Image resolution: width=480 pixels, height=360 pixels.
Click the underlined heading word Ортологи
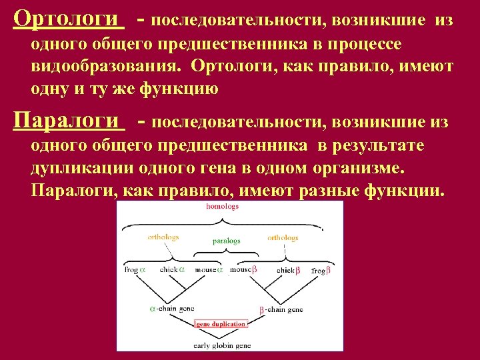click(x=69, y=19)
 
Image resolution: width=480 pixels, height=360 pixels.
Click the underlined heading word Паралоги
click(x=69, y=121)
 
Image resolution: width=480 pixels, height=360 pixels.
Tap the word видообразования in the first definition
click(x=107, y=67)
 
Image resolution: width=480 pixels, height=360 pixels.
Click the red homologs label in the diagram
click(x=222, y=207)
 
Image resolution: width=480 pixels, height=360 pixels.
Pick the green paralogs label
click(x=227, y=241)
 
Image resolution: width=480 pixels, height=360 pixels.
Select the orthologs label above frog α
click(x=163, y=237)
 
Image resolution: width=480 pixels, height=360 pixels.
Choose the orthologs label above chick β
click(x=283, y=237)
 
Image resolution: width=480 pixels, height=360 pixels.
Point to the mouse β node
click(x=243, y=270)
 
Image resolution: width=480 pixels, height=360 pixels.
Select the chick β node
click(x=289, y=270)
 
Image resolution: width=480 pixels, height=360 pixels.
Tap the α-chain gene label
click(x=172, y=309)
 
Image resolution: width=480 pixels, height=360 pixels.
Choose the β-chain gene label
click(x=281, y=309)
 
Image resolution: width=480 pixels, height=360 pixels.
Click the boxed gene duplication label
click(x=221, y=324)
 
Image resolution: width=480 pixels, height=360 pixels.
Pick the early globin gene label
click(x=222, y=345)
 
